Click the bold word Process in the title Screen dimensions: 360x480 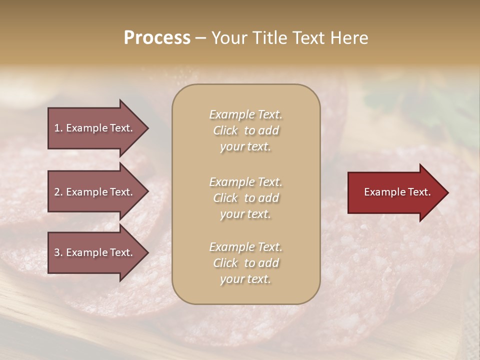pos(157,38)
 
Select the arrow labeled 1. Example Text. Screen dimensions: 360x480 pos(95,128)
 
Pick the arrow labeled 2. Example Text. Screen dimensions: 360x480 pos(95,192)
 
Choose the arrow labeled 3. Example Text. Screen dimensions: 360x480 pos(95,252)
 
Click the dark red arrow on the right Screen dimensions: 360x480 pos(395,192)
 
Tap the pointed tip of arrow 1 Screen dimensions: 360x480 pos(147,128)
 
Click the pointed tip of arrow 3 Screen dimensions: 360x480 pos(147,252)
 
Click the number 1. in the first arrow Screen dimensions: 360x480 pos(58,128)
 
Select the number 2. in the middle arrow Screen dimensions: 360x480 pos(58,192)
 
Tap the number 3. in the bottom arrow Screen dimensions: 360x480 pos(58,252)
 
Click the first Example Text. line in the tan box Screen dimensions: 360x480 pos(245,114)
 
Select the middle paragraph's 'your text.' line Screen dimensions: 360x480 pos(245,214)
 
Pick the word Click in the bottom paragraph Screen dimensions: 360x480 pos(225,263)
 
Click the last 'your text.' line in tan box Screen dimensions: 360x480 pos(245,279)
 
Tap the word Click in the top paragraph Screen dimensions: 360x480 pos(225,130)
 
